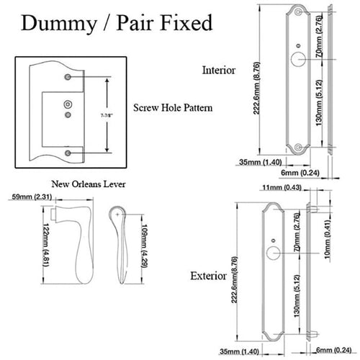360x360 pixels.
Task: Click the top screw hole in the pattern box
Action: (x=68, y=76)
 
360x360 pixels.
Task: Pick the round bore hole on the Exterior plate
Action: (x=274, y=253)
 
